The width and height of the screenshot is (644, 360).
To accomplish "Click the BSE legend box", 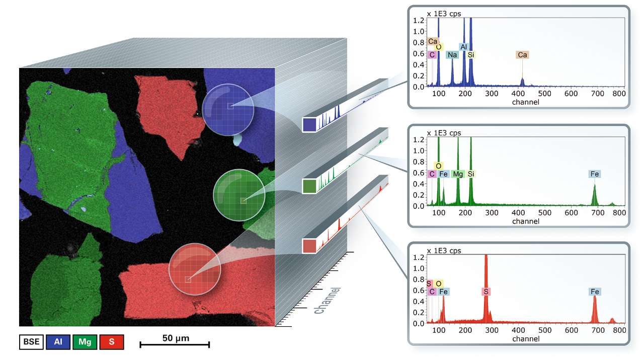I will (32, 342).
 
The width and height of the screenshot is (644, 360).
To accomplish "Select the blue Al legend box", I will (58, 342).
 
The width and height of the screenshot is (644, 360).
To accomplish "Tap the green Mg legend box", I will (85, 342).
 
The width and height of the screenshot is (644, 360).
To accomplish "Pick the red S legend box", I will (111, 342).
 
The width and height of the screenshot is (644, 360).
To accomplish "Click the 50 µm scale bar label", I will (176, 338).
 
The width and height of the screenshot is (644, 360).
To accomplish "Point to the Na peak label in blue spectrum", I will (452, 55).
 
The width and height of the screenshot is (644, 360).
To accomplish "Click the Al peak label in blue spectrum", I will (464, 47).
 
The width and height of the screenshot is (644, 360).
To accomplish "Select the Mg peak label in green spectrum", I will (457, 174).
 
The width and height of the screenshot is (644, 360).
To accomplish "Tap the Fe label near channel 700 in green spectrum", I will (595, 174).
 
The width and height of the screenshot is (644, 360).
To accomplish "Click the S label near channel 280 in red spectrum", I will (486, 292).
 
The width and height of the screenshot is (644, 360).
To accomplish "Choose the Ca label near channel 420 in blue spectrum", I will (522, 55).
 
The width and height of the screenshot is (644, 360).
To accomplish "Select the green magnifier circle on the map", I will (239, 194).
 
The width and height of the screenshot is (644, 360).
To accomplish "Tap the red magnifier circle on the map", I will (195, 268).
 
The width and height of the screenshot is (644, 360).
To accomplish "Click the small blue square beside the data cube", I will (309, 124).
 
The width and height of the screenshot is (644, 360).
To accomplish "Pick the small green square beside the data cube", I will (309, 186).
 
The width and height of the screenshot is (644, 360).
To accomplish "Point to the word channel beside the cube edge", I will (327, 300).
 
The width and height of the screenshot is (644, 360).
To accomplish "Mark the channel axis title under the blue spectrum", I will (525, 102).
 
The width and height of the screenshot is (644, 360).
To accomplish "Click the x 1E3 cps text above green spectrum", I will (444, 133).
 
